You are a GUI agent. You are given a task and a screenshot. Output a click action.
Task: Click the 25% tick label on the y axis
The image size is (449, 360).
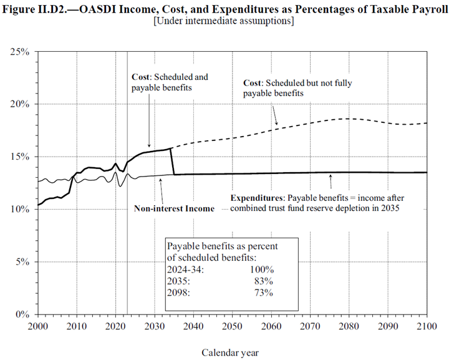tap(21, 51)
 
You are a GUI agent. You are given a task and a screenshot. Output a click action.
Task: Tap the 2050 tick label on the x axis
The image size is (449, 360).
tap(232, 326)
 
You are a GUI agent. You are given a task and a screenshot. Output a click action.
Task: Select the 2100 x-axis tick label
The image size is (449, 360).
tap(427, 326)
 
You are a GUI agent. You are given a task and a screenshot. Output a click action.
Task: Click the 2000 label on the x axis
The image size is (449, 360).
tap(37, 326)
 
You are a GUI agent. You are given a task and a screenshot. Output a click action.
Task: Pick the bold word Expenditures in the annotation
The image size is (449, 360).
tap(257, 196)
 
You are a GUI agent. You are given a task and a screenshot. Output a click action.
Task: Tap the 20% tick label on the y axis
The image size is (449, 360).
tap(21, 104)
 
